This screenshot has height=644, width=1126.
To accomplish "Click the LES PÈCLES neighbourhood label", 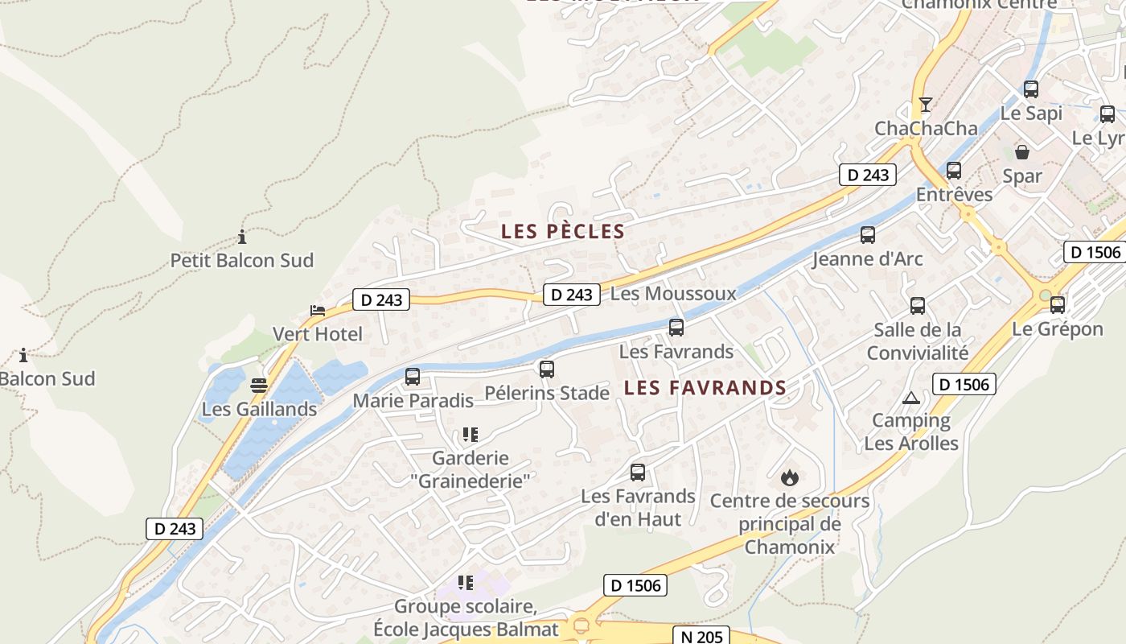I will pos(563,232).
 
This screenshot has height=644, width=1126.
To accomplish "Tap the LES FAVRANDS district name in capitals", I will pos(705,387).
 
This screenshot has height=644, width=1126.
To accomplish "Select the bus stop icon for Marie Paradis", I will pos(413,376).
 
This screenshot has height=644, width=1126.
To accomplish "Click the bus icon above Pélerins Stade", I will pos(547,369).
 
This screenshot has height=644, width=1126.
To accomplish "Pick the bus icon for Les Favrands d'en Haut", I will pos(638,473).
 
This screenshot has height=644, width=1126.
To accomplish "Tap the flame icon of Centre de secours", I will pos(790,477).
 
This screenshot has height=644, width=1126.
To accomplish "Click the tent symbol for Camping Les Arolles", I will pos(910,398).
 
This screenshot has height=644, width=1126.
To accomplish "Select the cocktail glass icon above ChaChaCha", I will pos(926,105).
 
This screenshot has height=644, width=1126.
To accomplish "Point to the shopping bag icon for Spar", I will pos(1022,151).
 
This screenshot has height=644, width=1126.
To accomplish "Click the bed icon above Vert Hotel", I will pos(318,311).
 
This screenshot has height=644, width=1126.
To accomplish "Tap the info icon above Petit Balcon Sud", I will pos(242,237).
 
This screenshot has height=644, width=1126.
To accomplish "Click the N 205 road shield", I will pos(701,636).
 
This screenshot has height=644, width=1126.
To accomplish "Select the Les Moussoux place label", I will pos(673,293).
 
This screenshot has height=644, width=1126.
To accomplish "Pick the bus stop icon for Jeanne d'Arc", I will pos(868,235).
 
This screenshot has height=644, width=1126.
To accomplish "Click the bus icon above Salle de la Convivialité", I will pos(918,306).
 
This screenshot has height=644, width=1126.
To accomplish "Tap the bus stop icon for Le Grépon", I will pos(1058,305).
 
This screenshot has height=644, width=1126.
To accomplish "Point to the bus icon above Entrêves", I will pos(954,171).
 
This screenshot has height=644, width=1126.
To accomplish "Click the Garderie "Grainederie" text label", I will pos(471,469).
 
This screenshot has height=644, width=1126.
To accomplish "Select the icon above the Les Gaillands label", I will pos(259,386).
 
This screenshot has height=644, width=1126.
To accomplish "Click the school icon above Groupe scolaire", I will pos(466,582).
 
